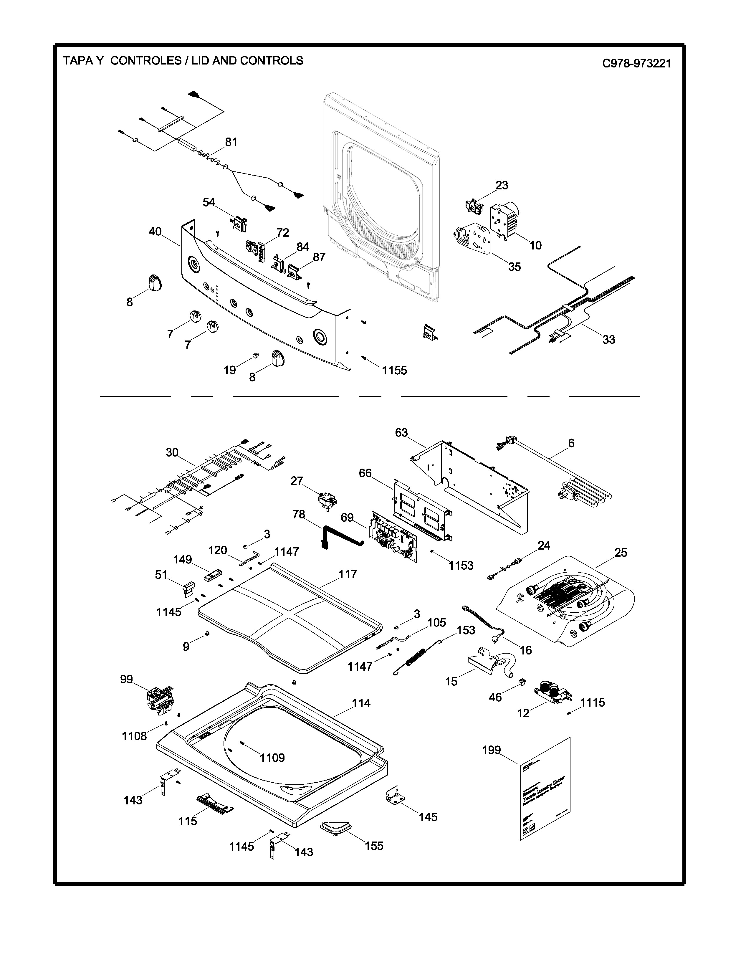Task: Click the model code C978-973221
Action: pyautogui.click(x=636, y=63)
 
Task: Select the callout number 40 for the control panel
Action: pyautogui.click(x=155, y=232)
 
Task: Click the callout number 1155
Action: pyautogui.click(x=394, y=370)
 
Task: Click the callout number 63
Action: pyautogui.click(x=401, y=433)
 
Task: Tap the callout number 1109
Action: pyautogui.click(x=272, y=758)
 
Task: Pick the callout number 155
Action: pyautogui.click(x=374, y=846)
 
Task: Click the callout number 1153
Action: pyautogui.click(x=461, y=565)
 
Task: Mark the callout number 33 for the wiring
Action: pyautogui.click(x=609, y=340)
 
